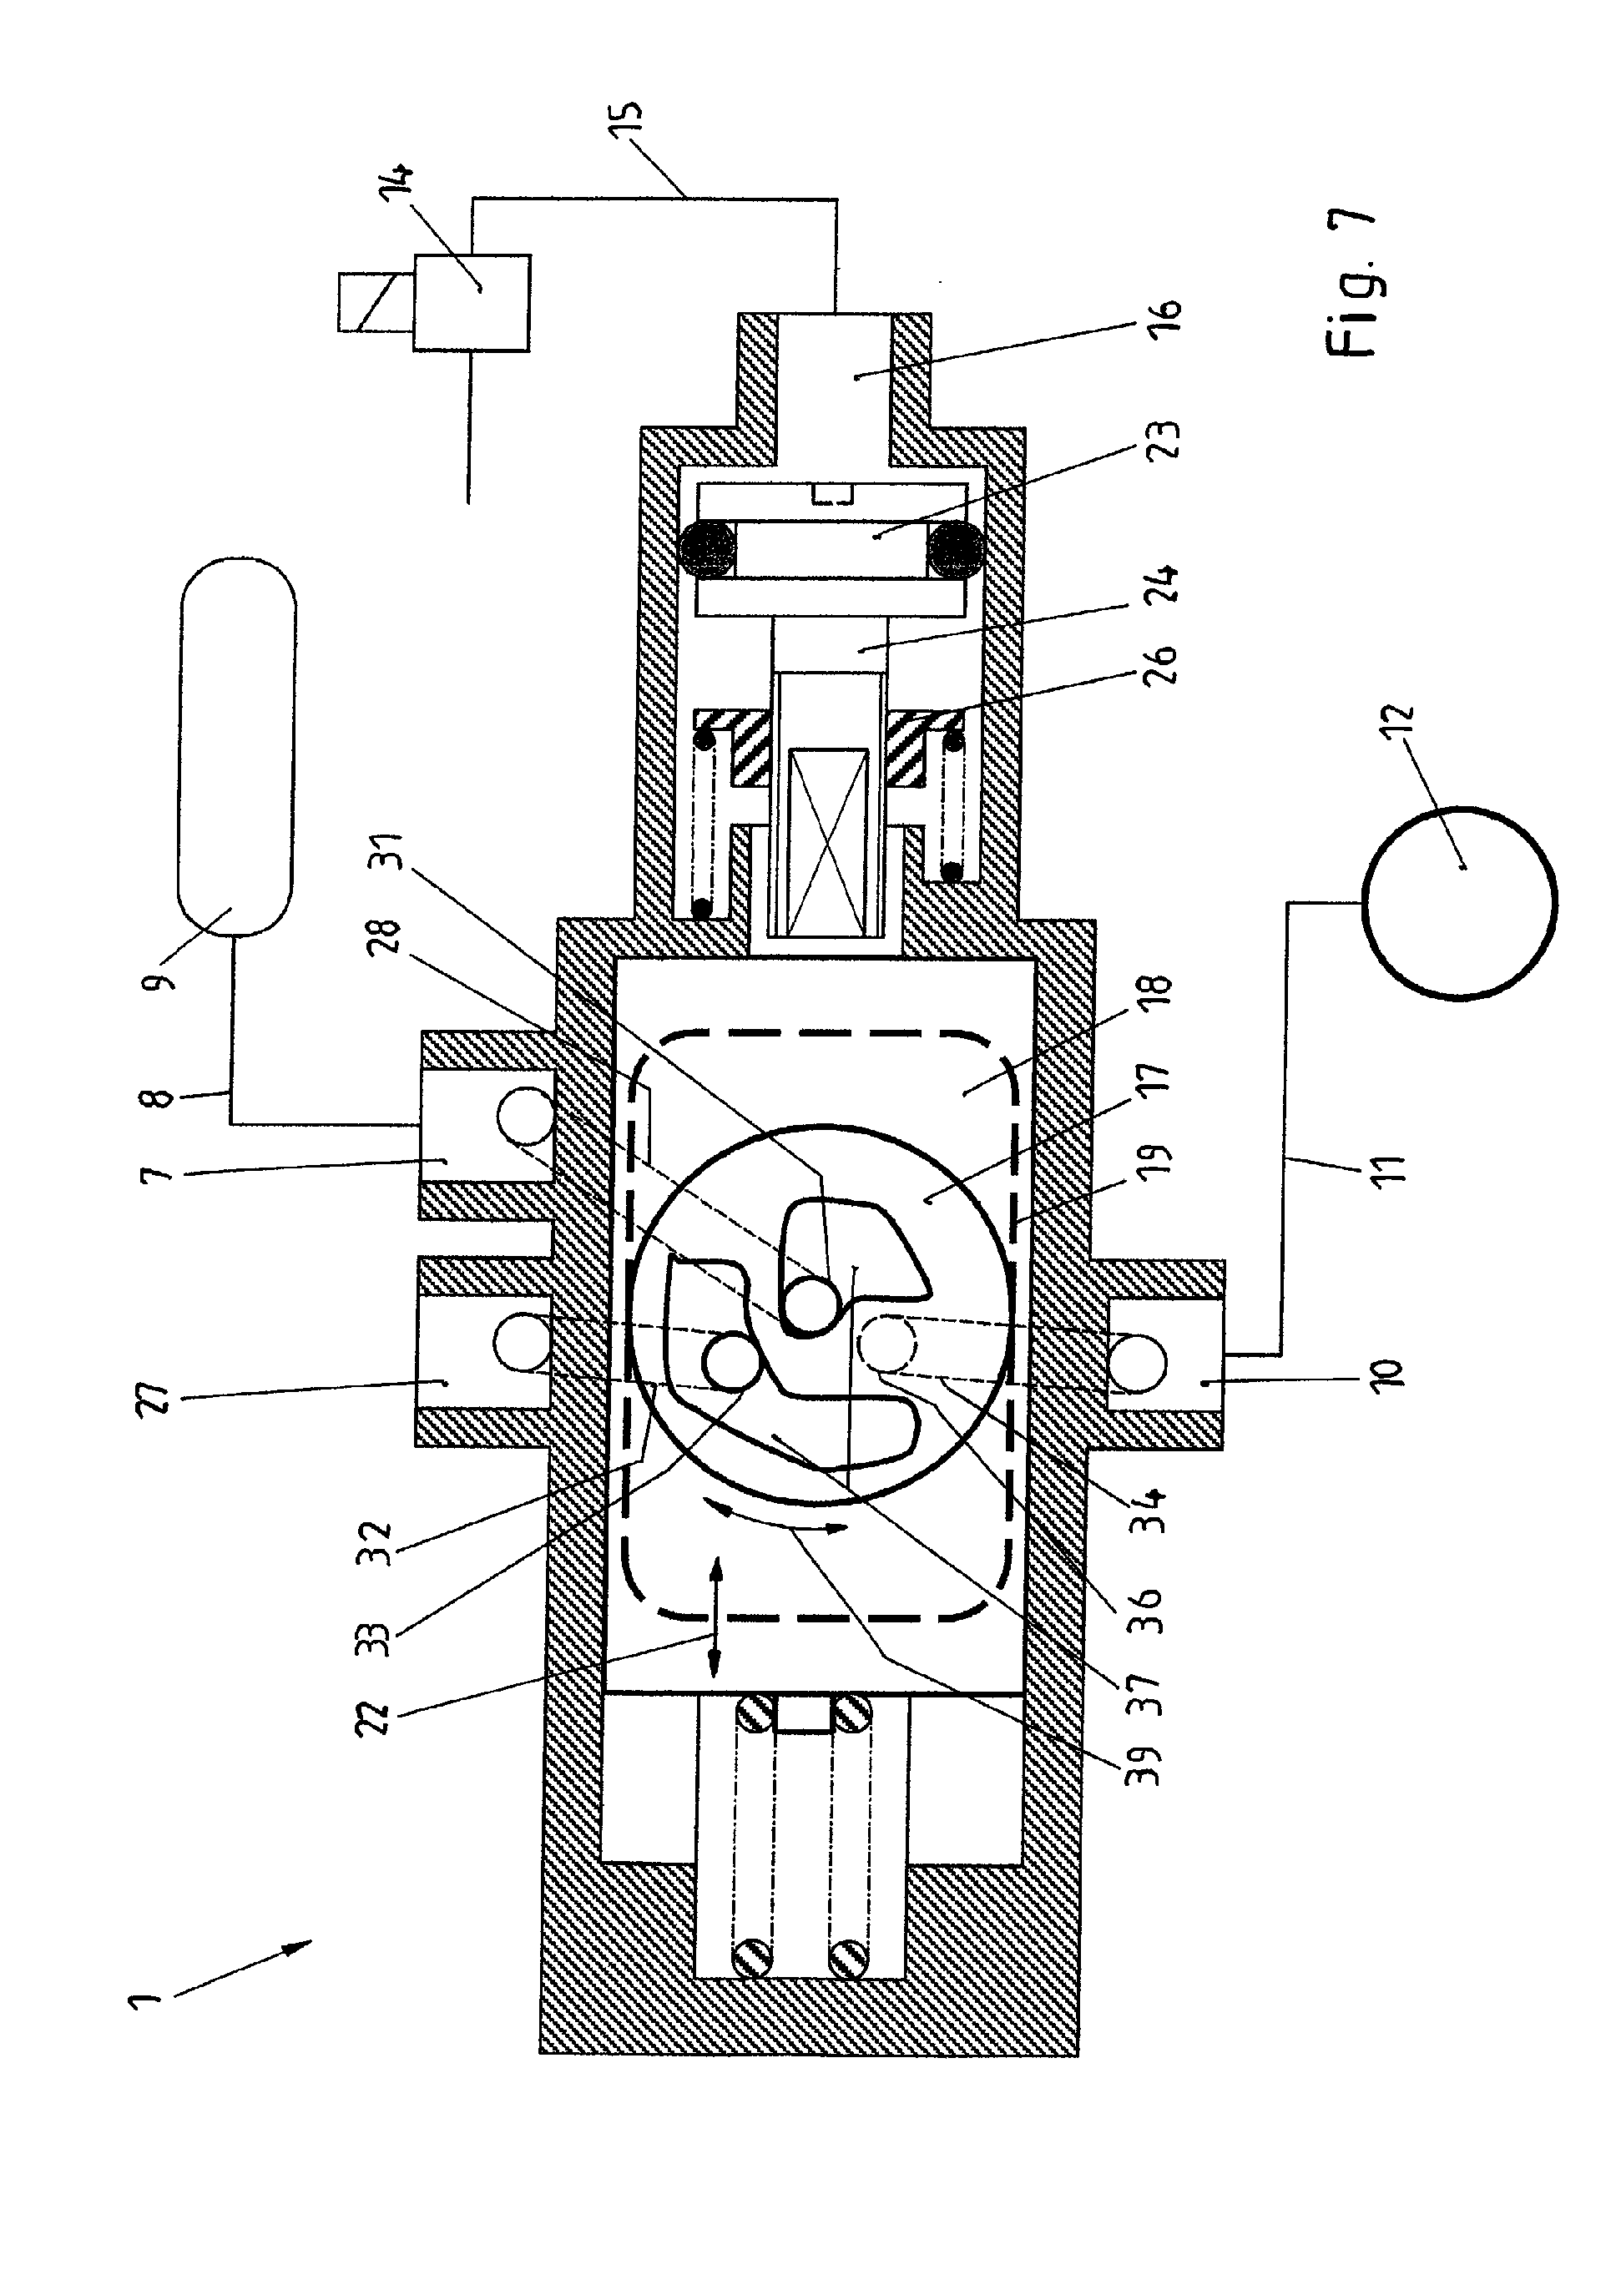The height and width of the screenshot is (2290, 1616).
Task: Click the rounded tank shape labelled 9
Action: (x=236, y=746)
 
